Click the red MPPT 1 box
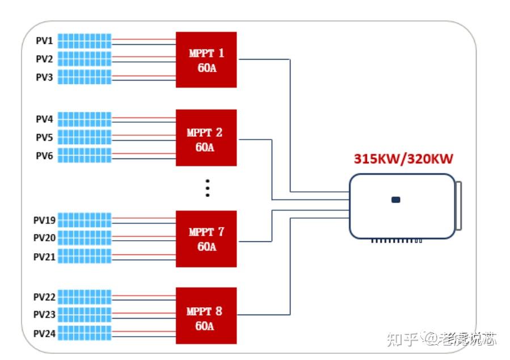(206, 60)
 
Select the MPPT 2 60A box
(206, 138)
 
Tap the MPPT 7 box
(206, 238)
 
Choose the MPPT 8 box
(206, 316)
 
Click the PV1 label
(44, 41)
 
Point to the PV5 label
(44, 137)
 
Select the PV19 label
(44, 220)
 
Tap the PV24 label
(44, 333)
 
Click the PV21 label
(44, 257)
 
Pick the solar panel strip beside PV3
(85, 77)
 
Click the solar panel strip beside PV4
(85, 119)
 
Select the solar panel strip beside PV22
(85, 296)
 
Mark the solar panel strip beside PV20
(85, 238)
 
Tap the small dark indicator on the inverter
(396, 199)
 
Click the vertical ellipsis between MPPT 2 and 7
(208, 188)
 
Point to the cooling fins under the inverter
(397, 241)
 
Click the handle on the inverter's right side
(458, 206)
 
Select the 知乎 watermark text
(402, 339)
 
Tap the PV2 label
(44, 59)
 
